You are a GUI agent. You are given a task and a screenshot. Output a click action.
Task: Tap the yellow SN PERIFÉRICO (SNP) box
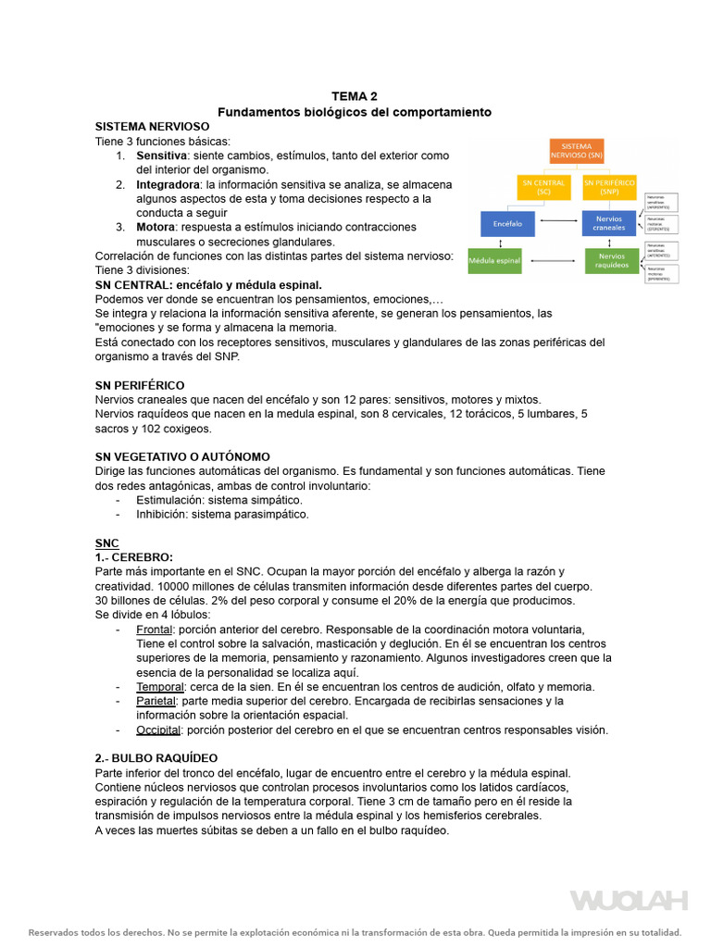tap(610, 187)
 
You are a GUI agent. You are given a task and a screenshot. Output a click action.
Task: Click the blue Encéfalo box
tap(507, 223)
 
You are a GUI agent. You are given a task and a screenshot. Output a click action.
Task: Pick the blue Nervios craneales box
tap(610, 223)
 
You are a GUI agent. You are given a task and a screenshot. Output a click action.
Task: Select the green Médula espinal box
tap(494, 260)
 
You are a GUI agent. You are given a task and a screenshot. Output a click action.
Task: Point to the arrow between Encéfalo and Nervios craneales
tap(558, 223)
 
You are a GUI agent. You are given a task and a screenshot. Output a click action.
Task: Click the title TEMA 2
tap(355, 96)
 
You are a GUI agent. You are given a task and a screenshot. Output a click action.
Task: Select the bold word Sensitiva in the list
tap(162, 156)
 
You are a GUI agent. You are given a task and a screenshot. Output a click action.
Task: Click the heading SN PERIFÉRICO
tap(140, 384)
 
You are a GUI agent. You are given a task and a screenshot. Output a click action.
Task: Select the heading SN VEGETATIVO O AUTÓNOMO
tap(182, 456)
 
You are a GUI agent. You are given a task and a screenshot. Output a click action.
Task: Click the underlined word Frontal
tap(156, 630)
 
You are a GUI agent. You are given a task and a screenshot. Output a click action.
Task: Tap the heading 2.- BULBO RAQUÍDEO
tap(156, 758)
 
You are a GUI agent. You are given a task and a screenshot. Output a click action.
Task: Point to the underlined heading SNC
tap(106, 543)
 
